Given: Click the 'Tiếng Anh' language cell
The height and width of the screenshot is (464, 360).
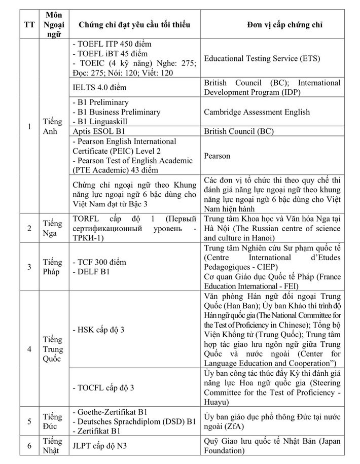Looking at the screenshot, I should (53, 127).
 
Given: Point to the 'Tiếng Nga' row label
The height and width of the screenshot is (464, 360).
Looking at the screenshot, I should (53, 228).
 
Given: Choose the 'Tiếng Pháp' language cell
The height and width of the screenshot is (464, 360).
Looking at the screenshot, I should (53, 267).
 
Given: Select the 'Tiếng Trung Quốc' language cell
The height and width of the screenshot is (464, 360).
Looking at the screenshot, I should (53, 349).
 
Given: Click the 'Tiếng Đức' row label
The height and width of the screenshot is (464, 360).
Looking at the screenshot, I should (53, 421).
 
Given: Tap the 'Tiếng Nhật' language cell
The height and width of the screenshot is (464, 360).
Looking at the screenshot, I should (53, 446).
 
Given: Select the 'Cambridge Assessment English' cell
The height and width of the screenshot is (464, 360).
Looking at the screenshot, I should (264, 112).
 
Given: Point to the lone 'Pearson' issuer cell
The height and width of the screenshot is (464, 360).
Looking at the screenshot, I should (217, 156).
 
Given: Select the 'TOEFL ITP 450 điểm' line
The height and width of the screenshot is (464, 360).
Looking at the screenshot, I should (112, 44).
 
